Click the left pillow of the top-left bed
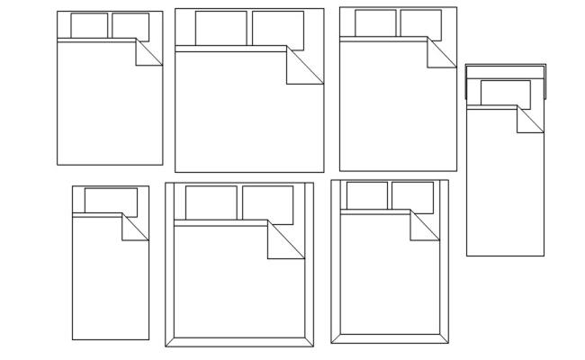(x=89, y=25)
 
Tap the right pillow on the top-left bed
(x=130, y=25)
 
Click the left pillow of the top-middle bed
(x=220, y=28)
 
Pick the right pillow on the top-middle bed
(x=278, y=28)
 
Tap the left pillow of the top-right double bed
(x=375, y=23)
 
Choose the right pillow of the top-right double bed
(x=420, y=23)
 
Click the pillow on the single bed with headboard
(x=505, y=92)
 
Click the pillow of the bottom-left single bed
(x=111, y=200)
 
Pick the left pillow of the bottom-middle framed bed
(x=211, y=202)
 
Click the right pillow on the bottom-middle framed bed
(x=267, y=202)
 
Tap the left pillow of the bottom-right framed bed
(x=367, y=195)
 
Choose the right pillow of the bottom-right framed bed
(x=412, y=195)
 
